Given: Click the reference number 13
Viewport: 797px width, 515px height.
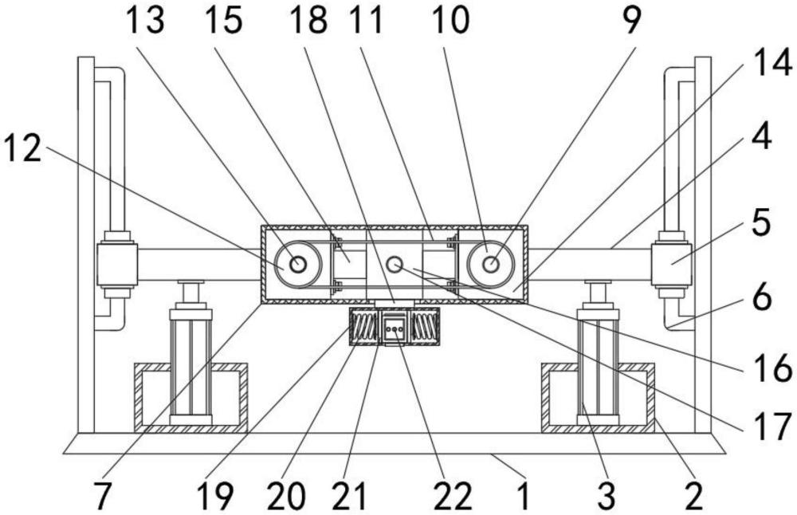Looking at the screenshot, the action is (145, 21).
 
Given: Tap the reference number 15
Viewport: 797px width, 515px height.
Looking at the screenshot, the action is (223, 21).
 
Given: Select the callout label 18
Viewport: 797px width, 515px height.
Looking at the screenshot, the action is (308, 21).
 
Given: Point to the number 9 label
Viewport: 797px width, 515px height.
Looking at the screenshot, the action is (632, 21).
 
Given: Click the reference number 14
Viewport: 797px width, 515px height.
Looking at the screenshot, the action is (772, 63).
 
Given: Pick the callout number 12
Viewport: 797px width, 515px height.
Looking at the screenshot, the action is (22, 148).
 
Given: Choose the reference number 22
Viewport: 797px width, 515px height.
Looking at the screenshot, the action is (453, 496).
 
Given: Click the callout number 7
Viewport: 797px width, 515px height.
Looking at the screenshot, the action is (102, 496).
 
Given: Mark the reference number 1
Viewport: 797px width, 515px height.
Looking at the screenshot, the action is (524, 496).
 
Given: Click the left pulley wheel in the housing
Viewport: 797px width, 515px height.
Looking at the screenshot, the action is (298, 265).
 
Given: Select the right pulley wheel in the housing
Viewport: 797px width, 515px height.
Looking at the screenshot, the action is (491, 265).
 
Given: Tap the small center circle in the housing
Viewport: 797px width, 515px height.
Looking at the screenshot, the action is (395, 265).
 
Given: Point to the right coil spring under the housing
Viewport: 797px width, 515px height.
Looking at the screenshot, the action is (425, 327).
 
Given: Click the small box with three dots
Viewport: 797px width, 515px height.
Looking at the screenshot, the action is (395, 328).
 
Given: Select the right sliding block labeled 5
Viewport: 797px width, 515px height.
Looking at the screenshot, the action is (671, 264).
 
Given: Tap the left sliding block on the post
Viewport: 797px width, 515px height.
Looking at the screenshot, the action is (117, 264).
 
